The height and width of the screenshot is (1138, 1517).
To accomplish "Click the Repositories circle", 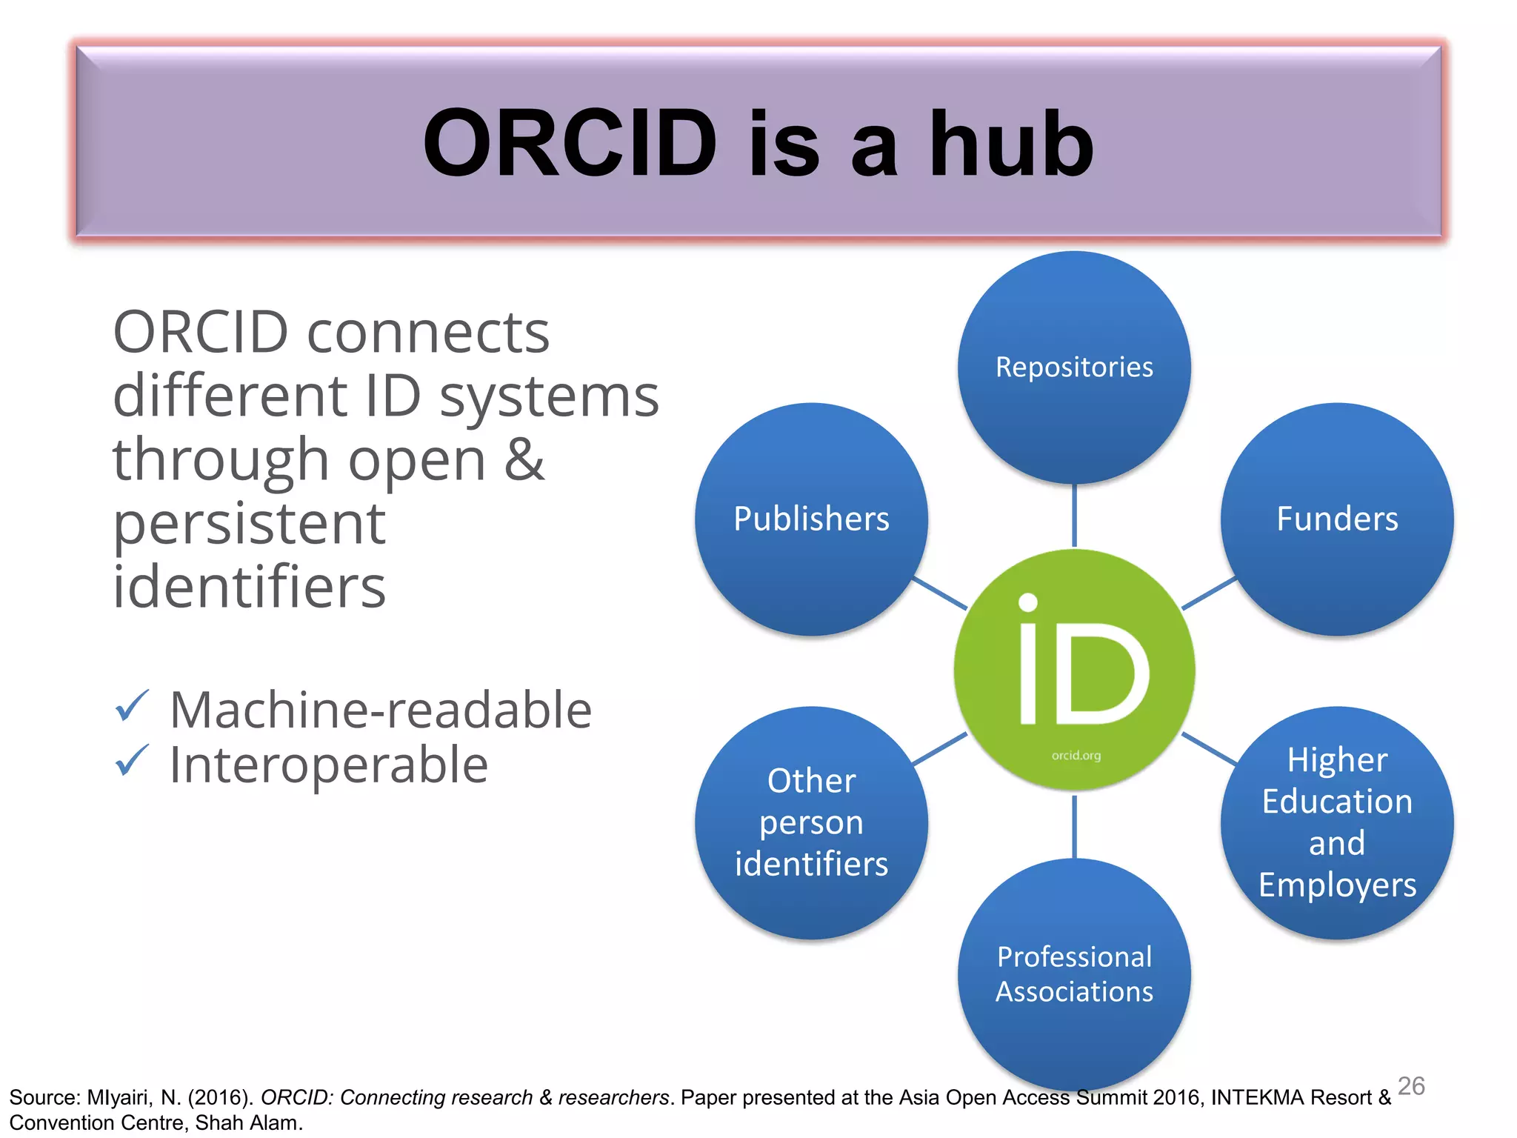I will (1074, 367).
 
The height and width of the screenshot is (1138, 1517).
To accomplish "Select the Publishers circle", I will (811, 519).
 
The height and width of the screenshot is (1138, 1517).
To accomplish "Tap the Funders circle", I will (1337, 519).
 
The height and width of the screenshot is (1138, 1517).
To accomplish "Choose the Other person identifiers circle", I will (811, 822).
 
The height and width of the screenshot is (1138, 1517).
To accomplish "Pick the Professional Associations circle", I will (1074, 974).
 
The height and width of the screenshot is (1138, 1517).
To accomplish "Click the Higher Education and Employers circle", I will (1337, 822).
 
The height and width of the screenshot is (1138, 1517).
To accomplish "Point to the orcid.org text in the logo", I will (1076, 756).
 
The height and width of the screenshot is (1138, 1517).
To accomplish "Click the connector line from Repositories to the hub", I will (1074, 516).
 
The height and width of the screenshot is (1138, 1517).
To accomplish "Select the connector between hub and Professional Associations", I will (1074, 826).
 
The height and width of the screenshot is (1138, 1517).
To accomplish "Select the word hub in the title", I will (1010, 143).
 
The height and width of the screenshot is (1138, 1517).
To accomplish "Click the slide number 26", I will (1410, 1085).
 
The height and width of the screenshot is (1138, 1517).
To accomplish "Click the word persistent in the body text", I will (249, 523).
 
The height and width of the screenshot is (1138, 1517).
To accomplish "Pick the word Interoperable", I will (328, 765).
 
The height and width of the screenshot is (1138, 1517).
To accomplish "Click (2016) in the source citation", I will (220, 1097).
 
